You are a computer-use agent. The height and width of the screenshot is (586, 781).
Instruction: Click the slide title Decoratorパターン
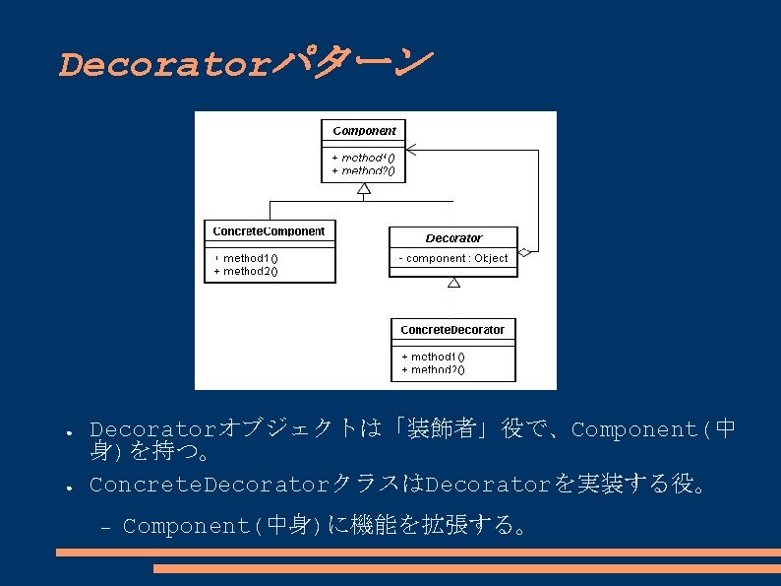[x=244, y=65]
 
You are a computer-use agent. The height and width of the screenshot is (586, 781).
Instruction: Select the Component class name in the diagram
[x=364, y=131]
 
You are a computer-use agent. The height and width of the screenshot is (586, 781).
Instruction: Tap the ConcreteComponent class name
[x=269, y=231]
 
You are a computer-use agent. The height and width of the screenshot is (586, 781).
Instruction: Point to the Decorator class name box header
[x=453, y=238]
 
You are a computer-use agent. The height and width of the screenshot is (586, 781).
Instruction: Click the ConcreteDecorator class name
[x=452, y=330]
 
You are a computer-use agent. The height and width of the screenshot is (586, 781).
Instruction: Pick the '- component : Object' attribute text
[x=453, y=259]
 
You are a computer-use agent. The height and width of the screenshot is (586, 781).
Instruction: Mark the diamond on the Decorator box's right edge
[x=524, y=253]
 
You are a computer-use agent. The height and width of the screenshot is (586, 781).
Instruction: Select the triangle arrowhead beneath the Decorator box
[x=453, y=283]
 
